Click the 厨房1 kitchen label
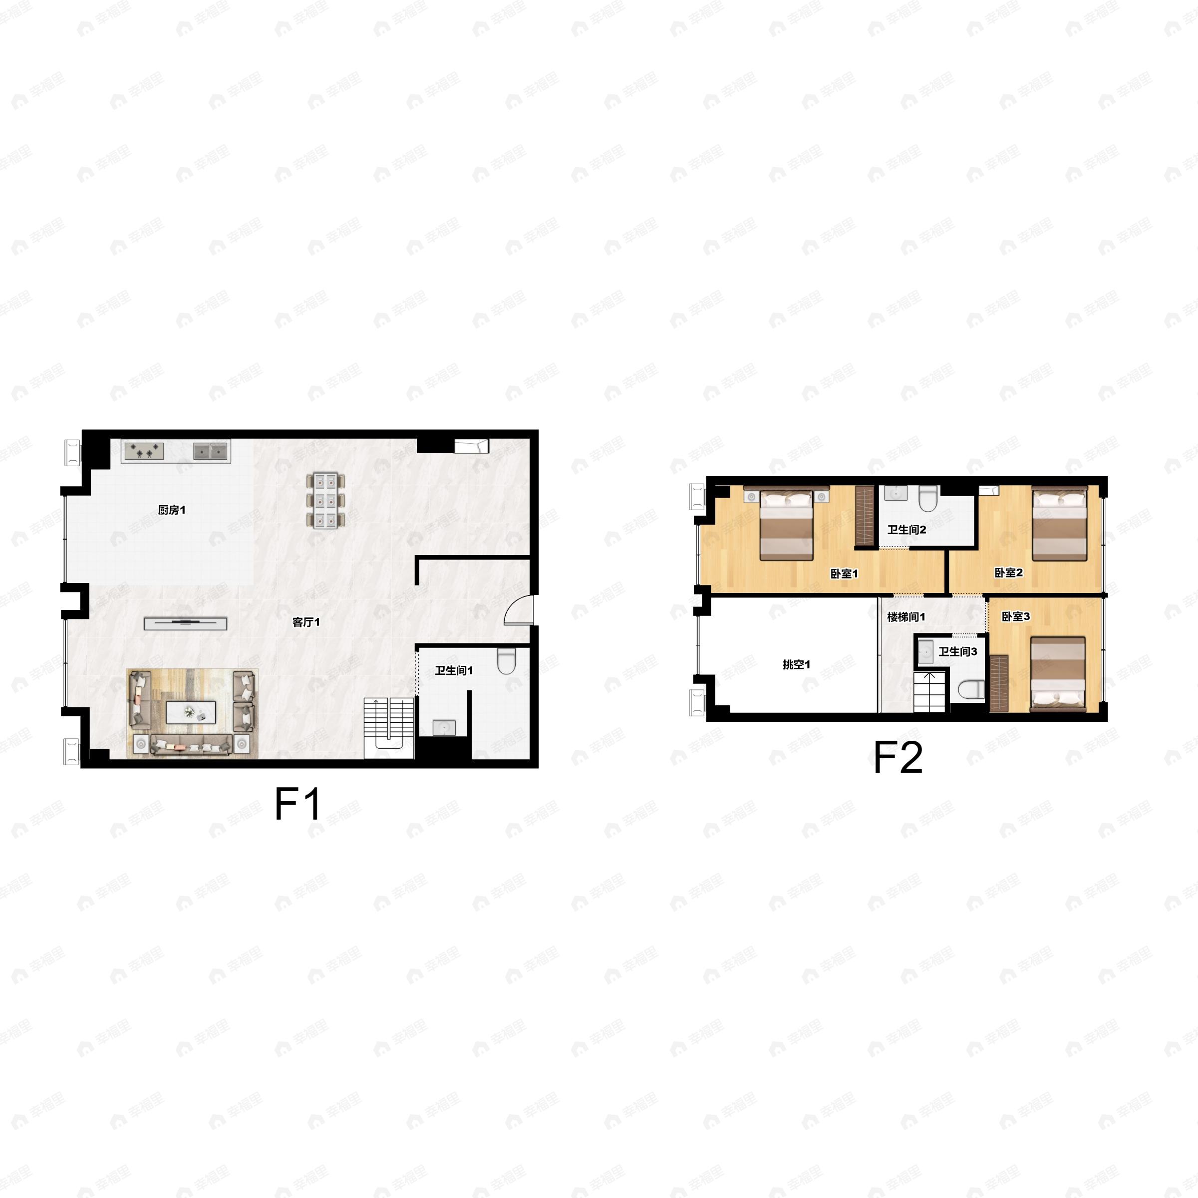pyautogui.click(x=172, y=510)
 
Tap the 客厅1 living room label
pyautogui.click(x=305, y=622)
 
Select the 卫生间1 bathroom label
pyautogui.click(x=454, y=670)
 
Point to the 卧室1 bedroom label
pyautogui.click(x=844, y=574)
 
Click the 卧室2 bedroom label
pyautogui.click(x=1008, y=573)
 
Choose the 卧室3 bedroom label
pyautogui.click(x=1016, y=616)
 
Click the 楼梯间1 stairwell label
pyautogui.click(x=906, y=617)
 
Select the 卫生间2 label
pyautogui.click(x=906, y=530)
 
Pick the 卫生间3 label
pyautogui.click(x=957, y=651)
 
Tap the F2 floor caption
pyautogui.click(x=898, y=757)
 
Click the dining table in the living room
pyautogui.click(x=325, y=500)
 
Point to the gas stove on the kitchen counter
pyautogui.click(x=144, y=451)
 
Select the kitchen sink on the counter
pyautogui.click(x=210, y=451)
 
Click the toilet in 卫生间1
pyautogui.click(x=507, y=661)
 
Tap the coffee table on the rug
pyautogui.click(x=191, y=712)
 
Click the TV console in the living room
pyautogui.click(x=185, y=623)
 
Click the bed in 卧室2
pyautogui.click(x=1059, y=524)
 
